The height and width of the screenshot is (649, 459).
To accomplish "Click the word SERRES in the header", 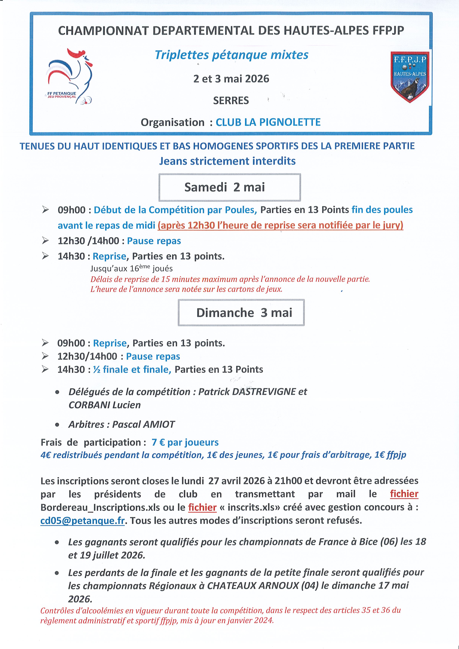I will [x=231, y=100].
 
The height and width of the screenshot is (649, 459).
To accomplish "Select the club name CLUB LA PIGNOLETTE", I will [x=268, y=122].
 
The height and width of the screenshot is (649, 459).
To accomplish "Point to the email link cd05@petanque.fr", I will [x=83, y=520].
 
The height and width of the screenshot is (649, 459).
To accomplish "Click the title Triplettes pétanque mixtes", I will [x=231, y=55].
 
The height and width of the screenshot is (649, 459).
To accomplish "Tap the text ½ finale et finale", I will [x=132, y=370].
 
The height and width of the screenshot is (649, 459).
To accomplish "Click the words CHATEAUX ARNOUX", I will [x=253, y=585].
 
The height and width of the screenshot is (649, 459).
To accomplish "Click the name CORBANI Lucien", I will [x=104, y=405].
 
